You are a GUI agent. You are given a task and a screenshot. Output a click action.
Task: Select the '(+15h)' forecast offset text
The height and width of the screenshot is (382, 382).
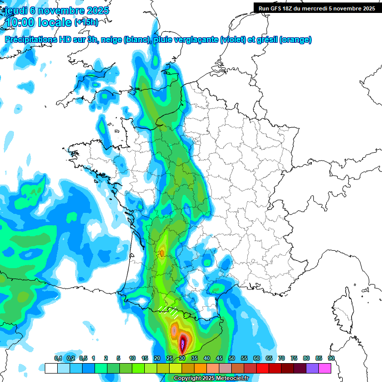coord(86,23)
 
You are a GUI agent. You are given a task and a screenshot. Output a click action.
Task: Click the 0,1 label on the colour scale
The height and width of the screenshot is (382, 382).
coord(58,359)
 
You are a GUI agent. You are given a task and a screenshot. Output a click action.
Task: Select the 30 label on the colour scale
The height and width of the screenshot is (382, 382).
coord(182,359)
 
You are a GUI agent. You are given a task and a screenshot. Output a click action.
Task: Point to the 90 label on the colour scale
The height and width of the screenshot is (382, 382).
coord(331,359)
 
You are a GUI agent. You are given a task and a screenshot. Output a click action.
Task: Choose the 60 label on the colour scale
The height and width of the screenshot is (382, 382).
coord(257,359)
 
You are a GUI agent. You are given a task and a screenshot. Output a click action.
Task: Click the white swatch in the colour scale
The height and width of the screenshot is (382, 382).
coord(51,368)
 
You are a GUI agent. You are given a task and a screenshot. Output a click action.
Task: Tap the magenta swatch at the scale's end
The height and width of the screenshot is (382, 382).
coord(325,368)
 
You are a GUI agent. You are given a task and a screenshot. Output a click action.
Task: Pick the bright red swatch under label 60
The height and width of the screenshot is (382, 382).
coord(263,368)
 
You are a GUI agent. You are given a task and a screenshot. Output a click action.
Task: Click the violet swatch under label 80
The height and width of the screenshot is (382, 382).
coord(312,368)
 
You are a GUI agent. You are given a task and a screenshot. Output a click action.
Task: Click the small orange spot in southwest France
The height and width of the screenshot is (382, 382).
coord(162,253)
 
